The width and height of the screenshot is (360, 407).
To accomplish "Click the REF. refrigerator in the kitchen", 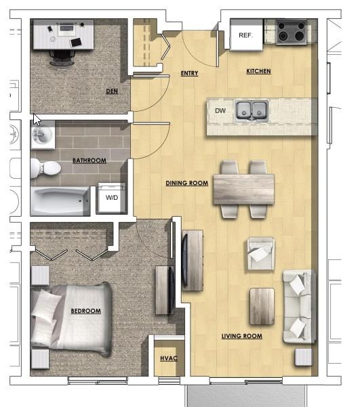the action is click(246, 35).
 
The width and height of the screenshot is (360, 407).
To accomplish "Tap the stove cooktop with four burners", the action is click(291, 32).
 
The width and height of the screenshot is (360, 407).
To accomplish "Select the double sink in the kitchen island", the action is click(252, 112).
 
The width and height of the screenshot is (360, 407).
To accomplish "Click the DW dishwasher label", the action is click(220, 111).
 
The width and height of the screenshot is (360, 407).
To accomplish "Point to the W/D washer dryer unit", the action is click(111, 198).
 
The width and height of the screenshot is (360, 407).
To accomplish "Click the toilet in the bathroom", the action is click(45, 168).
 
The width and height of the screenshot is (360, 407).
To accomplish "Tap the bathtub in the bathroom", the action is click(60, 201).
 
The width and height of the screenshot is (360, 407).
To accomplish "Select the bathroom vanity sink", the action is click(43, 135).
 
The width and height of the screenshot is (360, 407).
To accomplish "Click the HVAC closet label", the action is click(169, 358).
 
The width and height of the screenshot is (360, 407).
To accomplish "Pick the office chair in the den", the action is click(62, 58).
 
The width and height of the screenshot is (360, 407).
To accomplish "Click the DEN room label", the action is click(112, 91).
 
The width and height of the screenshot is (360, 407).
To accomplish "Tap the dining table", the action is click(243, 189).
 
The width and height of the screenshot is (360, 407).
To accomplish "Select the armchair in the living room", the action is click(261, 253).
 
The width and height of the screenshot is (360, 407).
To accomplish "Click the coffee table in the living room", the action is click(262, 306).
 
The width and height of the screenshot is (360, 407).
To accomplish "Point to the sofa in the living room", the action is click(300, 307).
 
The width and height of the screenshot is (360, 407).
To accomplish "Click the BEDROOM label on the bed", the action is click(86, 311).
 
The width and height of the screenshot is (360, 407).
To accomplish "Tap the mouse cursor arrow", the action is click(37, 120).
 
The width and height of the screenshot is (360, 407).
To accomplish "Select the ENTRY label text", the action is click(189, 73).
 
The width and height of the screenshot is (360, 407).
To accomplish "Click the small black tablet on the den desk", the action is click(76, 42).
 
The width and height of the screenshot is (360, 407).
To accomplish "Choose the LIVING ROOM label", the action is click(242, 336).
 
